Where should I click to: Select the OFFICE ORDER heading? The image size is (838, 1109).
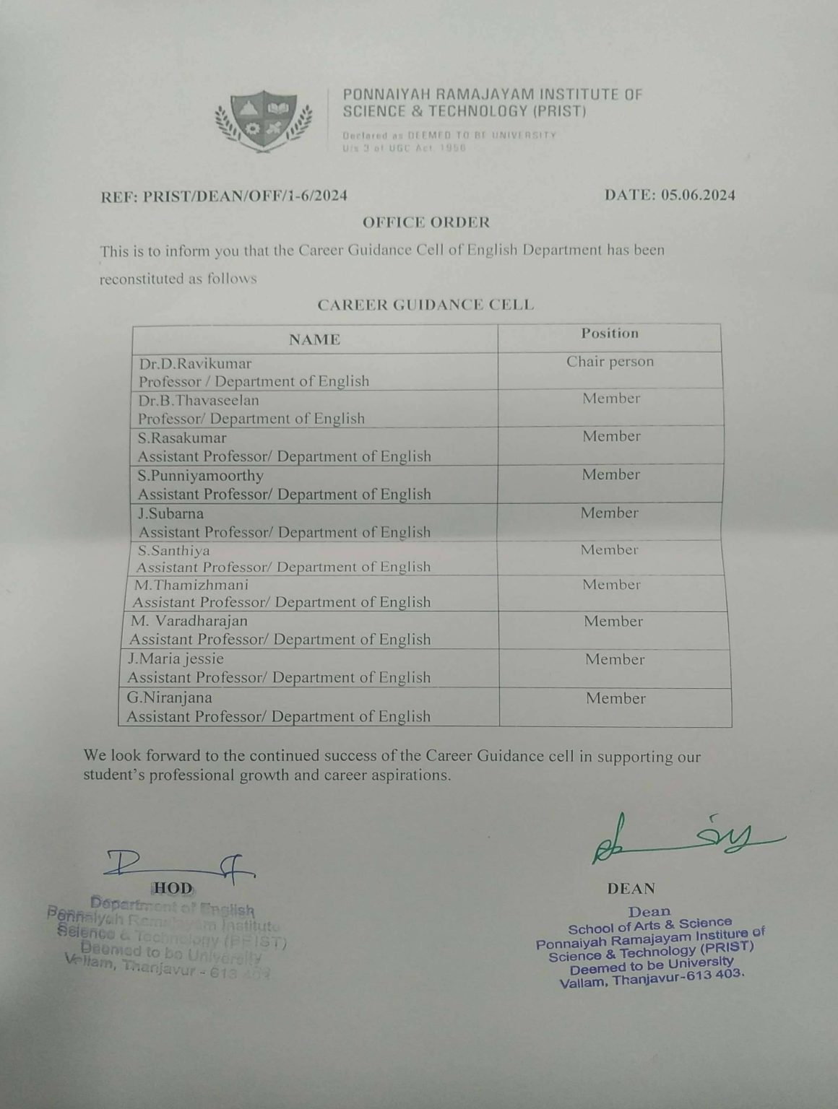coord(426,222)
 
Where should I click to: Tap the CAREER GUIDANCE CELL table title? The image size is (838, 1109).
coord(426,305)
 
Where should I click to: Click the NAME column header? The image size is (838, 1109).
coord(314,339)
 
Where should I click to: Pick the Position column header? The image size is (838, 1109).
coord(610,334)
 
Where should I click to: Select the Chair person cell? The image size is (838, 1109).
coord(610,362)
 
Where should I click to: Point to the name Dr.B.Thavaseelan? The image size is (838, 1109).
coord(199,400)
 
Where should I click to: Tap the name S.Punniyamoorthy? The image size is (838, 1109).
coord(201,476)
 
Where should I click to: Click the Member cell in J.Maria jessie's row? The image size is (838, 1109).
coord(615,659)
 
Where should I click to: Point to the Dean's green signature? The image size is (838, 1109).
coord(686,840)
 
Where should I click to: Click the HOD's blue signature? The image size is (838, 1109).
coord(181,865)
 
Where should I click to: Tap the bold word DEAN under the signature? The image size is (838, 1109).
coord(631,889)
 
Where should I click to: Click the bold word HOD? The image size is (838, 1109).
coord(173,887)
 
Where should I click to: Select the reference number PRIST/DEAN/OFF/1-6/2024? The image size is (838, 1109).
coord(249,195)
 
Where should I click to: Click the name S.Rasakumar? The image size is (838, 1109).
coord(182,438)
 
